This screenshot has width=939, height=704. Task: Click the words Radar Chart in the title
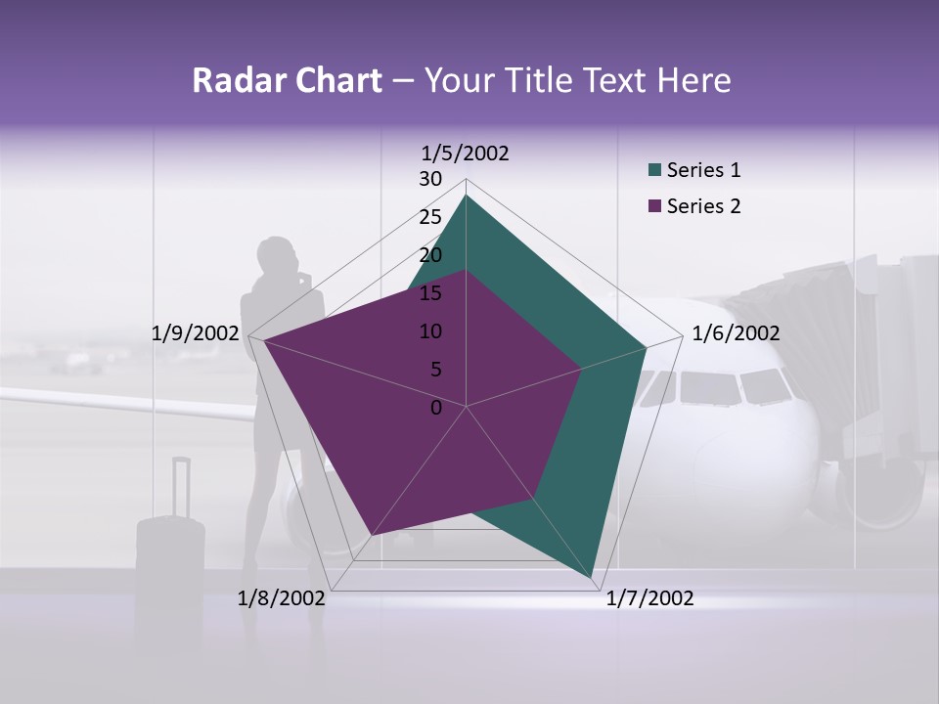point(287,81)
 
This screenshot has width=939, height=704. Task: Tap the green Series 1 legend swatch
point(655,171)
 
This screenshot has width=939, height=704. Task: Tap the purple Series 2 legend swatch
point(655,207)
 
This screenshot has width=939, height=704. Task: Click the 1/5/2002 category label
point(466,153)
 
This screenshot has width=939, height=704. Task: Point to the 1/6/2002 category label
point(736,333)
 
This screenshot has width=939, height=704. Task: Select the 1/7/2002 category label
point(649,598)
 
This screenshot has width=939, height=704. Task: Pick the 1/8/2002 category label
point(282,598)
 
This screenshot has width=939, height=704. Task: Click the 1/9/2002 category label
point(196,333)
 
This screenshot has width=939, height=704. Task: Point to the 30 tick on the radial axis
point(430,179)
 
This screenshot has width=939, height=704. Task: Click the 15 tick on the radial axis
point(430,293)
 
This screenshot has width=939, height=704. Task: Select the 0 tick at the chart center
point(436,408)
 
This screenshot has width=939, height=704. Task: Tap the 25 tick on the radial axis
point(430,217)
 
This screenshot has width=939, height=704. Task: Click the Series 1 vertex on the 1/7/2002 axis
point(594,579)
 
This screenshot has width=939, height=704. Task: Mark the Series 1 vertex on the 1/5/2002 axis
point(467,195)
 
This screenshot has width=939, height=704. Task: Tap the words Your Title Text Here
point(577,81)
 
